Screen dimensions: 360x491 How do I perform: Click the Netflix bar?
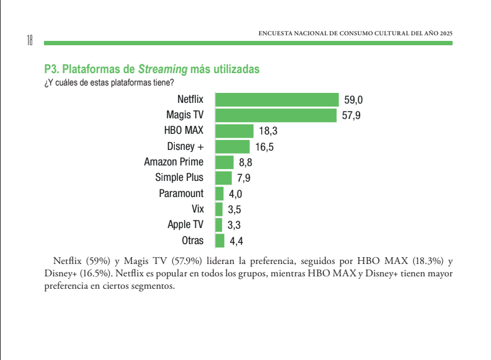pyautogui.click(x=276, y=100)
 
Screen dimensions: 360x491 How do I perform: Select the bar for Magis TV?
pyautogui.click(x=275, y=115)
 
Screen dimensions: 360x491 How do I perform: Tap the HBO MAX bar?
pyautogui.click(x=234, y=131)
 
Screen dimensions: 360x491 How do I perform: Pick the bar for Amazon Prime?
pyautogui.click(x=224, y=162)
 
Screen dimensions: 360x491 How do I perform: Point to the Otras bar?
pyautogui.click(x=219, y=241)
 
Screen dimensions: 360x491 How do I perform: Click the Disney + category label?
pyautogui.click(x=185, y=147)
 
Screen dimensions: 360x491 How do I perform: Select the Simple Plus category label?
pyautogui.click(x=179, y=178)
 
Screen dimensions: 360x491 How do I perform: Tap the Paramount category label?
pyautogui.click(x=181, y=193)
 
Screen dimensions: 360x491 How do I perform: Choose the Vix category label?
pyautogui.click(x=198, y=209)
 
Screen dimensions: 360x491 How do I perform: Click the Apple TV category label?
pyautogui.click(x=185, y=225)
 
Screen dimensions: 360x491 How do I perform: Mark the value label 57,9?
pyautogui.click(x=351, y=116)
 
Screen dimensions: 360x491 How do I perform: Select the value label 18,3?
pyautogui.click(x=268, y=131)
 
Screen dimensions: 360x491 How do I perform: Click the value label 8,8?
pyautogui.click(x=245, y=163)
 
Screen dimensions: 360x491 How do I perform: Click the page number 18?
pyautogui.click(x=29, y=40)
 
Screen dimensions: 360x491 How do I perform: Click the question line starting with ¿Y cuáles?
pyautogui.click(x=109, y=82)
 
